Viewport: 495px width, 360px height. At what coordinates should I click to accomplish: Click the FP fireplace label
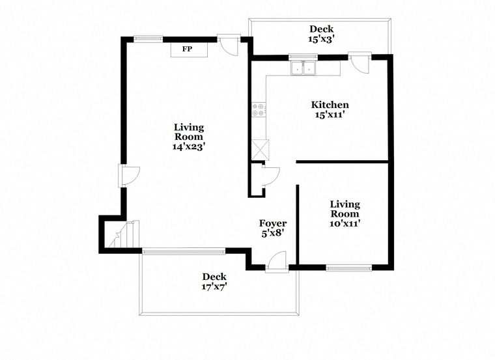click(x=187, y=49)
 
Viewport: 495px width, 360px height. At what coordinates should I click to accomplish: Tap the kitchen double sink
click(x=303, y=68)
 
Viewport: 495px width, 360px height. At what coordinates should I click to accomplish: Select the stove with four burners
click(x=259, y=109)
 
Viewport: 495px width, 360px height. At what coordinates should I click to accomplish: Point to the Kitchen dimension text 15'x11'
click(x=330, y=115)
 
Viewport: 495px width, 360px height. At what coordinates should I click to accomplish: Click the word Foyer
click(x=273, y=224)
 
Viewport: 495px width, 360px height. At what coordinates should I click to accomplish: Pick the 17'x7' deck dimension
click(x=214, y=287)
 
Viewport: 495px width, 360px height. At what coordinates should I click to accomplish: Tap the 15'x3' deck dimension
click(x=321, y=39)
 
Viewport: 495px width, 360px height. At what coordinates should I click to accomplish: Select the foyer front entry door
click(x=277, y=262)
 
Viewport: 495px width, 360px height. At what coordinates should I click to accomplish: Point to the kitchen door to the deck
click(x=360, y=62)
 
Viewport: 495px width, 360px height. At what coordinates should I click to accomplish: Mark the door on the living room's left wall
click(x=129, y=176)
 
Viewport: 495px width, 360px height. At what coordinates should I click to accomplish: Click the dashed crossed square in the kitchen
click(x=261, y=150)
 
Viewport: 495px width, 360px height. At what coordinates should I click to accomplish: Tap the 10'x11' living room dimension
click(x=345, y=224)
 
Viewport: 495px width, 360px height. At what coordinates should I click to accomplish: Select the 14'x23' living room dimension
click(x=189, y=146)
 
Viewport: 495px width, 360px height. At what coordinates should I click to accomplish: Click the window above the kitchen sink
click(x=303, y=57)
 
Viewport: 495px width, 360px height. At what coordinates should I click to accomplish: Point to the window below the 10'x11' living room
click(x=349, y=268)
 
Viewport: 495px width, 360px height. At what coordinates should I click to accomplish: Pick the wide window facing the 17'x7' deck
click(x=184, y=251)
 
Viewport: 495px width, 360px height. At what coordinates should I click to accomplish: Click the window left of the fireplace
click(x=148, y=39)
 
